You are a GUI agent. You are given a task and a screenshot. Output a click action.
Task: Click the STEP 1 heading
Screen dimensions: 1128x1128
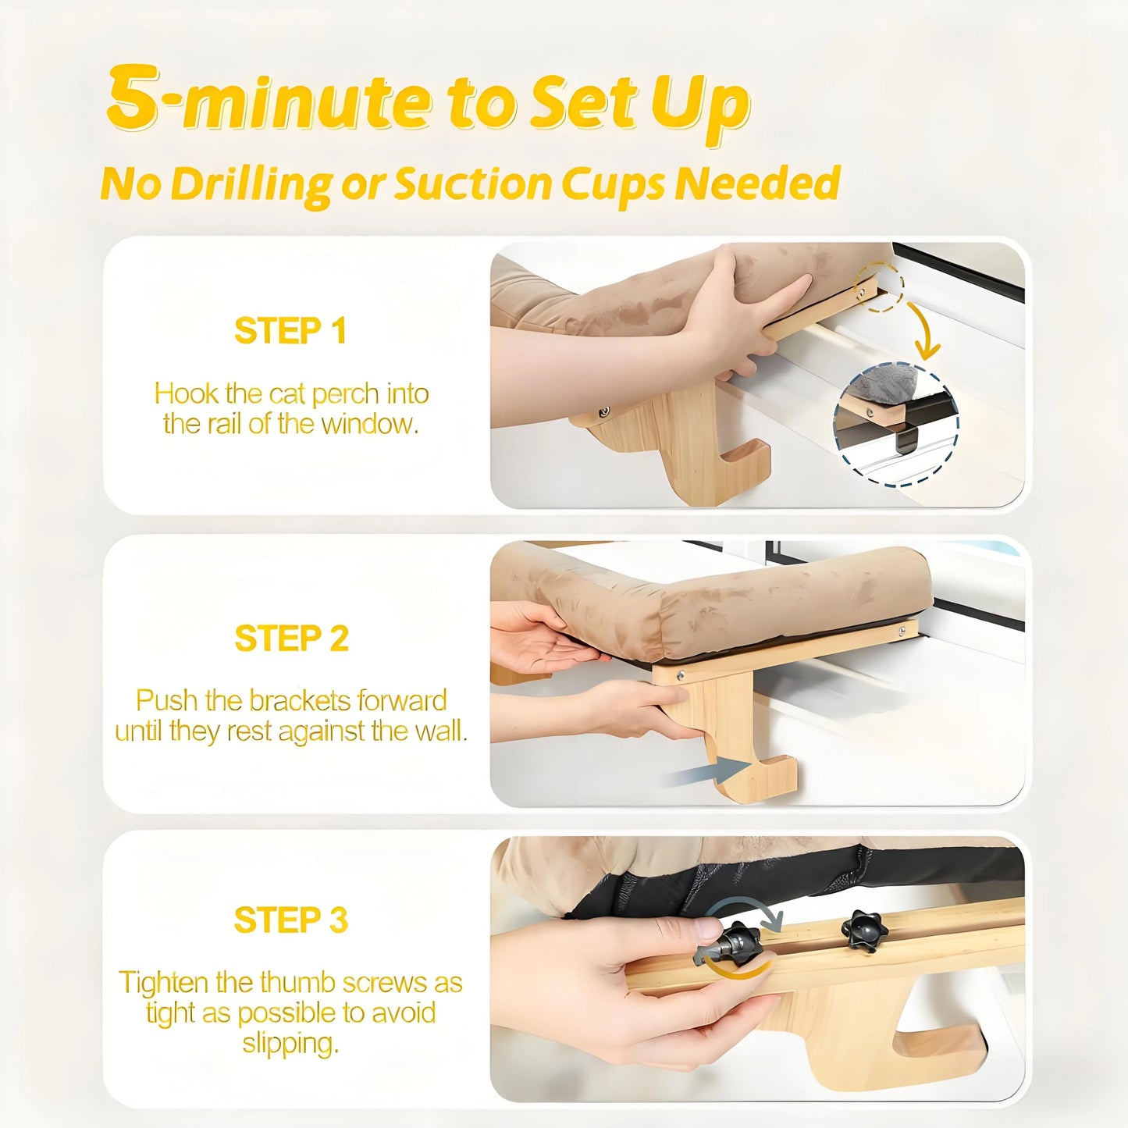(x=290, y=331)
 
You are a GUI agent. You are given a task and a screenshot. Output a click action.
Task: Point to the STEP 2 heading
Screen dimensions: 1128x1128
(x=291, y=638)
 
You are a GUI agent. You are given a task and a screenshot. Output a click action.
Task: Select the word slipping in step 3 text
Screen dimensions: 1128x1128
(x=291, y=1043)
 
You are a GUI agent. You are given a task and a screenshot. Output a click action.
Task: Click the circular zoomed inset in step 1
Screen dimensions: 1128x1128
(x=896, y=425)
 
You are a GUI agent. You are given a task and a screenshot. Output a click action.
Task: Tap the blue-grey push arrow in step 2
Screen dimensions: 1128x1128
(x=707, y=772)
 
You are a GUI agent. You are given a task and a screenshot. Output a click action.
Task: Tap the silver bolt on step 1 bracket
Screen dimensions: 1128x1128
(x=603, y=413)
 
